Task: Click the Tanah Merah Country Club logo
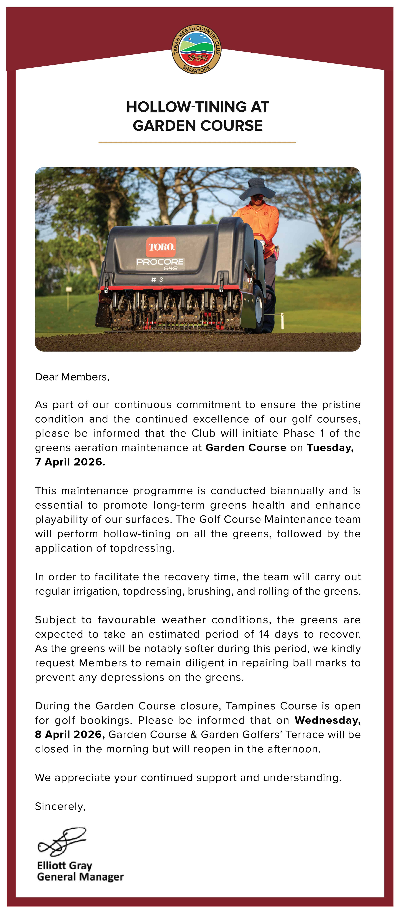coord(196,49)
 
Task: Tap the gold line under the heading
coord(197,142)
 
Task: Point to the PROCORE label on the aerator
coord(160,262)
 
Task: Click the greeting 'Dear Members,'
coord(72,377)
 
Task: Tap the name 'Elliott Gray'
coord(64,865)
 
